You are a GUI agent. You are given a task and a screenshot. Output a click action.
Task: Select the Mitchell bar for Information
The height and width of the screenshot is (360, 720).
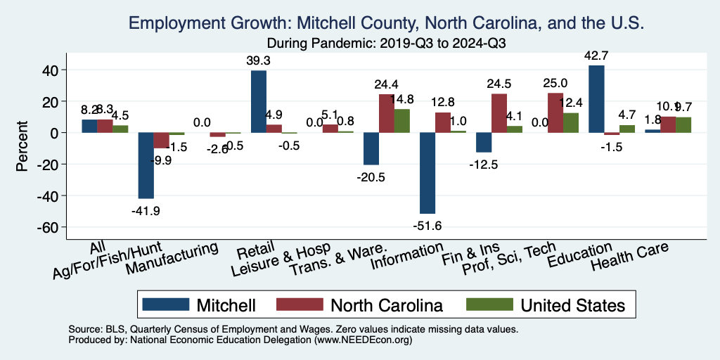click(427, 173)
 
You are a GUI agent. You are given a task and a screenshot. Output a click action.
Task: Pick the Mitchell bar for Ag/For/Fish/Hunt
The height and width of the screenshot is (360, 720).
click(146, 166)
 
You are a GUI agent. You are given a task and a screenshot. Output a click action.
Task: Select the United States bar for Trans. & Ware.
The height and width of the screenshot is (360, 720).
click(401, 121)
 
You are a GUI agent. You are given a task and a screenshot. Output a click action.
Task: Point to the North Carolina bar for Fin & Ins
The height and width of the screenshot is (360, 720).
click(499, 113)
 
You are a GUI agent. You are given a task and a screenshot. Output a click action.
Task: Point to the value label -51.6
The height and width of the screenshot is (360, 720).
click(427, 224)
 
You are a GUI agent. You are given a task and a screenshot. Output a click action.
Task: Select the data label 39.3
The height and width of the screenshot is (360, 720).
click(259, 60)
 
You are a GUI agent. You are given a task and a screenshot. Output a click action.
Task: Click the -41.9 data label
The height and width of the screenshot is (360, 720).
click(146, 209)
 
